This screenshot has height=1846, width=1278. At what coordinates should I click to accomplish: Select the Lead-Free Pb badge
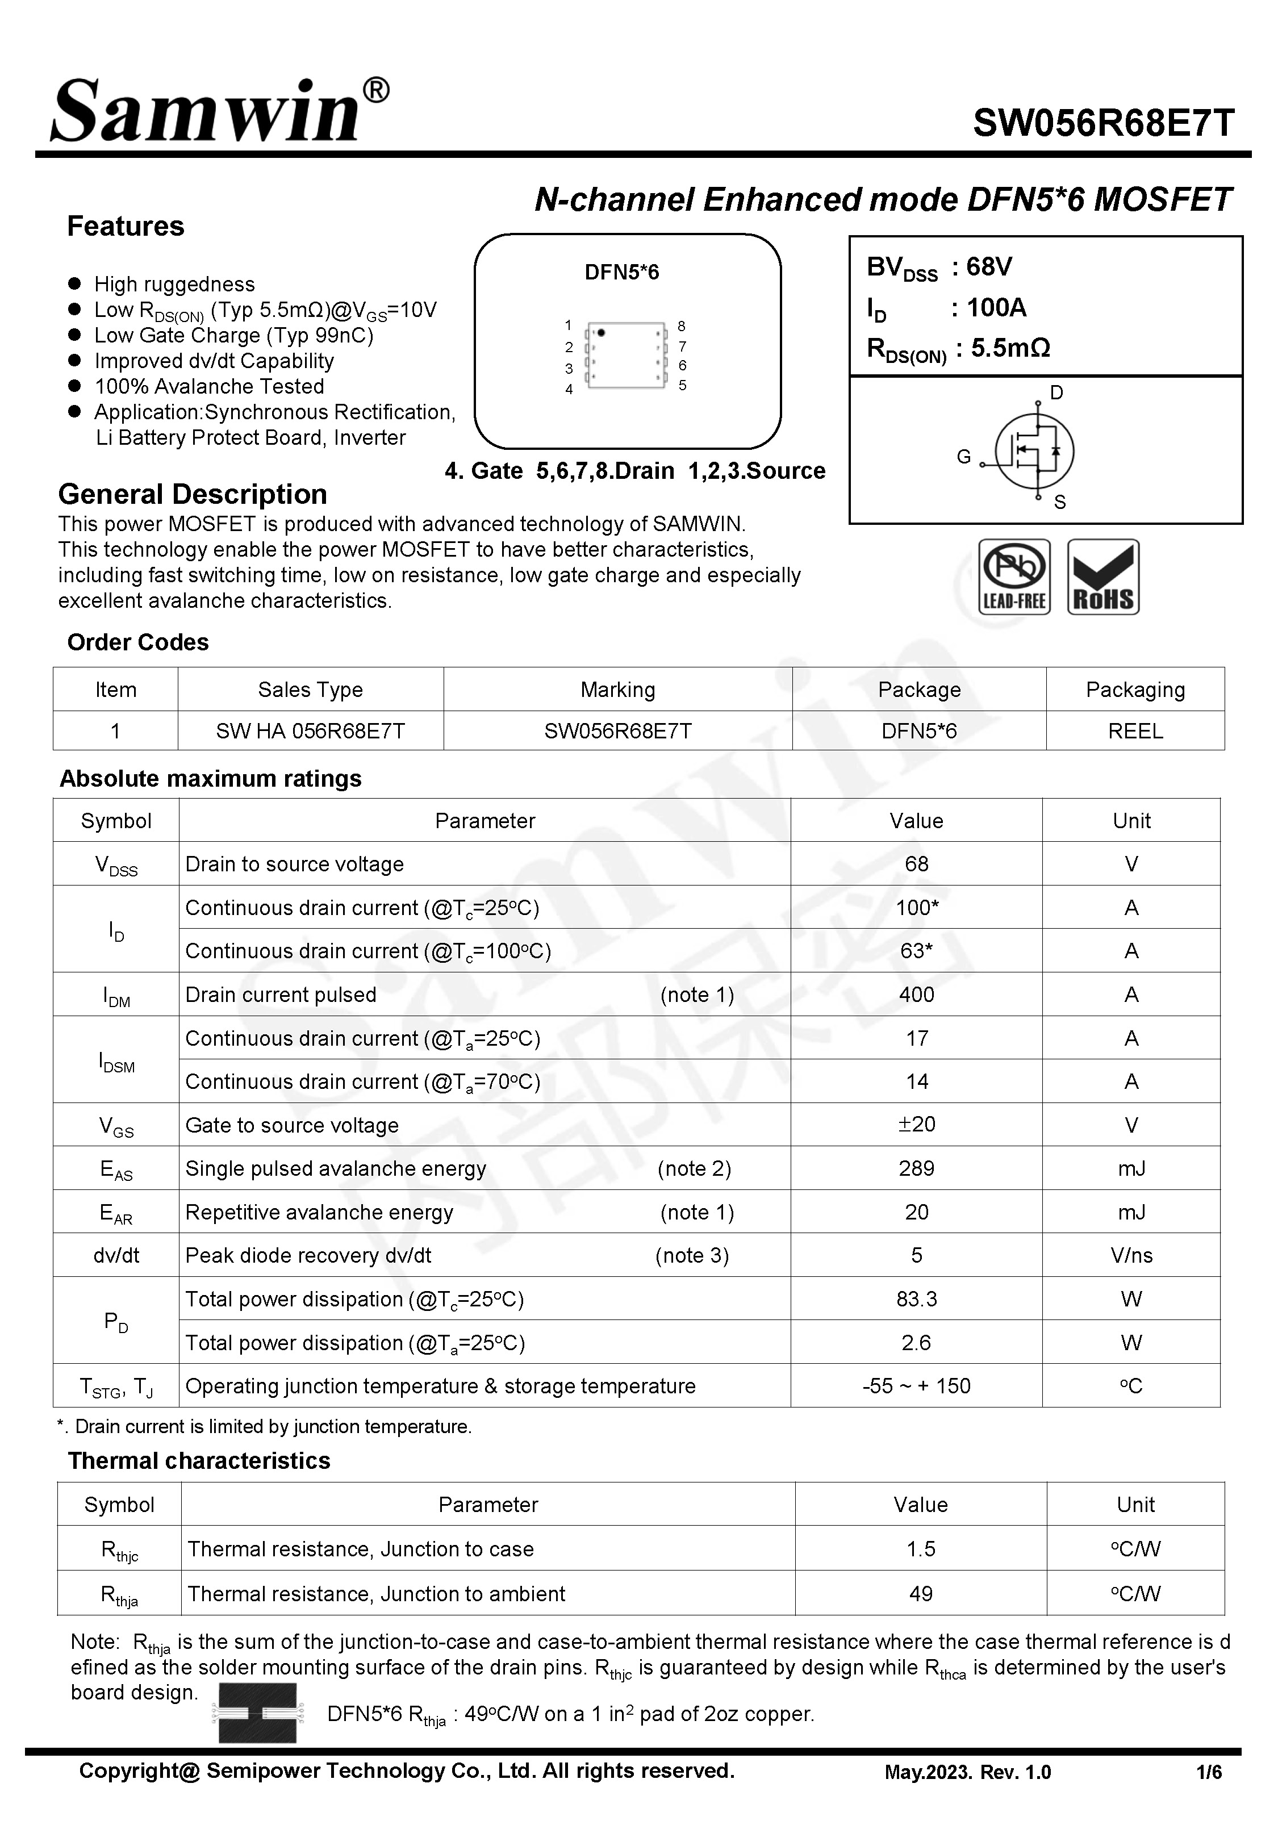point(1014,577)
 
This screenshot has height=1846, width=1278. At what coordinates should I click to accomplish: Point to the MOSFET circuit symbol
point(1034,450)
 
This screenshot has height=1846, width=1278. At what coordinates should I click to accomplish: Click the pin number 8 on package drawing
point(682,326)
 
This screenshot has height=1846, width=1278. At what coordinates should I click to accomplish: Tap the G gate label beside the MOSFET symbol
point(963,456)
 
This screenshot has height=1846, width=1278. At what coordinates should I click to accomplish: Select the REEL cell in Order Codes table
point(1135,731)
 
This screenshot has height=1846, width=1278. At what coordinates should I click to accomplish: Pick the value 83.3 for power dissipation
point(916,1298)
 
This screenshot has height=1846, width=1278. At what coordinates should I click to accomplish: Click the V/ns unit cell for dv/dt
point(1131,1255)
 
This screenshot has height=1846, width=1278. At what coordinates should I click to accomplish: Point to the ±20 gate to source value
point(916,1124)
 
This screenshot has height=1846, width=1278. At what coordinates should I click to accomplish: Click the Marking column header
point(617,689)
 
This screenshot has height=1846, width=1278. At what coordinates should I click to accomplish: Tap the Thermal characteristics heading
point(199,1460)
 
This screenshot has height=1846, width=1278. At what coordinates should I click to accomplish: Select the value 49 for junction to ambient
point(920,1593)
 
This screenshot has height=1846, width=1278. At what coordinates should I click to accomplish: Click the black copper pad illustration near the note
point(257,1713)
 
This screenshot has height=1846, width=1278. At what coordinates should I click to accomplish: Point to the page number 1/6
point(1208,1772)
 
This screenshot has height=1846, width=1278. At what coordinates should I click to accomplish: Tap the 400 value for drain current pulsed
point(916,994)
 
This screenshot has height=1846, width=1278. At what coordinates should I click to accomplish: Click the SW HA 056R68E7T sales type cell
point(310,731)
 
